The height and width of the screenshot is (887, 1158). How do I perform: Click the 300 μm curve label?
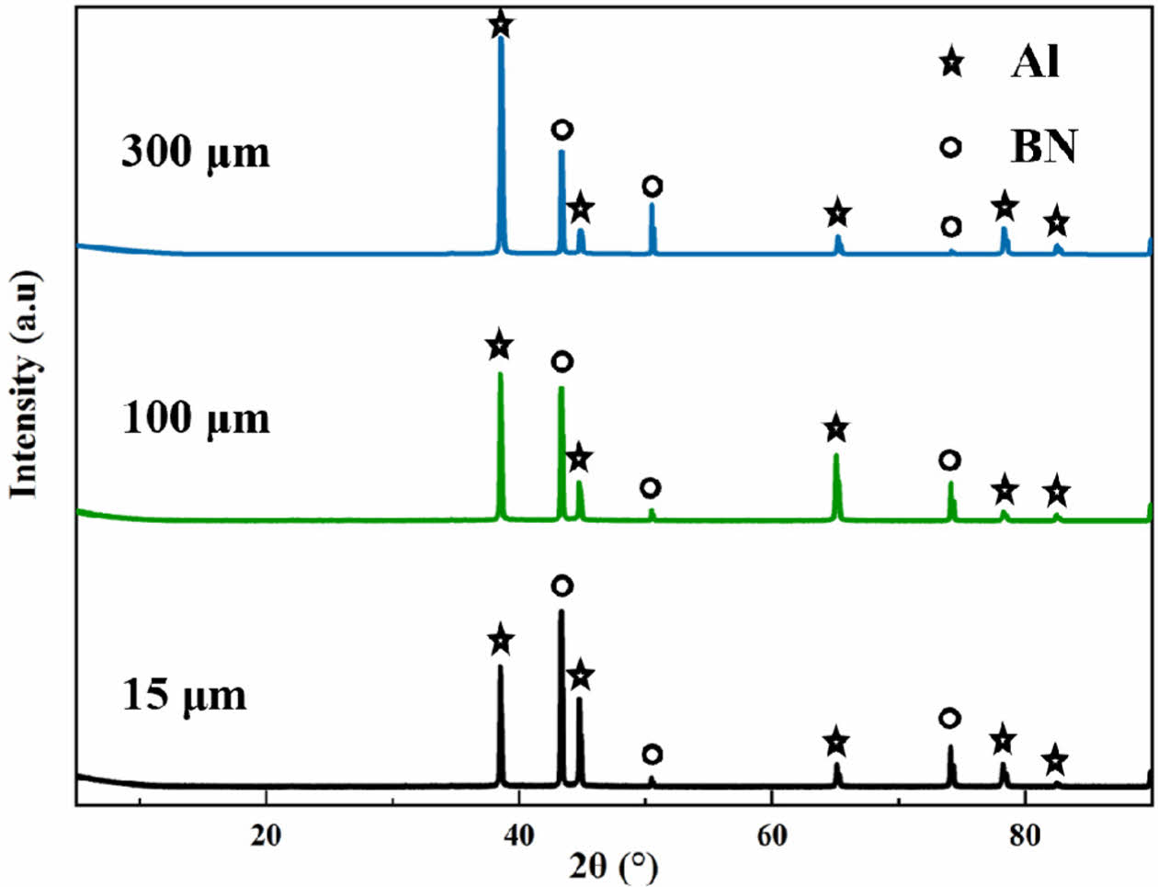(x=196, y=152)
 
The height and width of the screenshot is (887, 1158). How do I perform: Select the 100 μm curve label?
(x=196, y=418)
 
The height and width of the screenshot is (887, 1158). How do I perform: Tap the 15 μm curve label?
(x=185, y=694)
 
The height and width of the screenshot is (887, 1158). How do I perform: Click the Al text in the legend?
(x=1035, y=63)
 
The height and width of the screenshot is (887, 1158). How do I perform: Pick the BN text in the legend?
(x=1043, y=146)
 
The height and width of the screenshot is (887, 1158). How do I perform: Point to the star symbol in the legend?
(x=951, y=63)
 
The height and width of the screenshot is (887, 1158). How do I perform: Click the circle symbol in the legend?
(x=951, y=147)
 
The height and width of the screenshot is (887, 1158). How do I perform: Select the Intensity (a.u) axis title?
(x=25, y=384)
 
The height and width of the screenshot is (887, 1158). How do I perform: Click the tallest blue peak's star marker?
(x=500, y=25)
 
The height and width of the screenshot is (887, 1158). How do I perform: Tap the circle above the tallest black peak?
(x=562, y=586)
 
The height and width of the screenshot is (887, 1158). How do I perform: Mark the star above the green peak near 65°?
(x=835, y=428)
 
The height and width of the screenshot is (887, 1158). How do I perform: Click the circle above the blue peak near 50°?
(x=652, y=187)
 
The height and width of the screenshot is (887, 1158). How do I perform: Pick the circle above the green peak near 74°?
(x=949, y=460)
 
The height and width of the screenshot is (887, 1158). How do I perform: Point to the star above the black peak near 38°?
(x=500, y=641)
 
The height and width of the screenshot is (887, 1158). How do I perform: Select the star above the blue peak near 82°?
(x=1057, y=222)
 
